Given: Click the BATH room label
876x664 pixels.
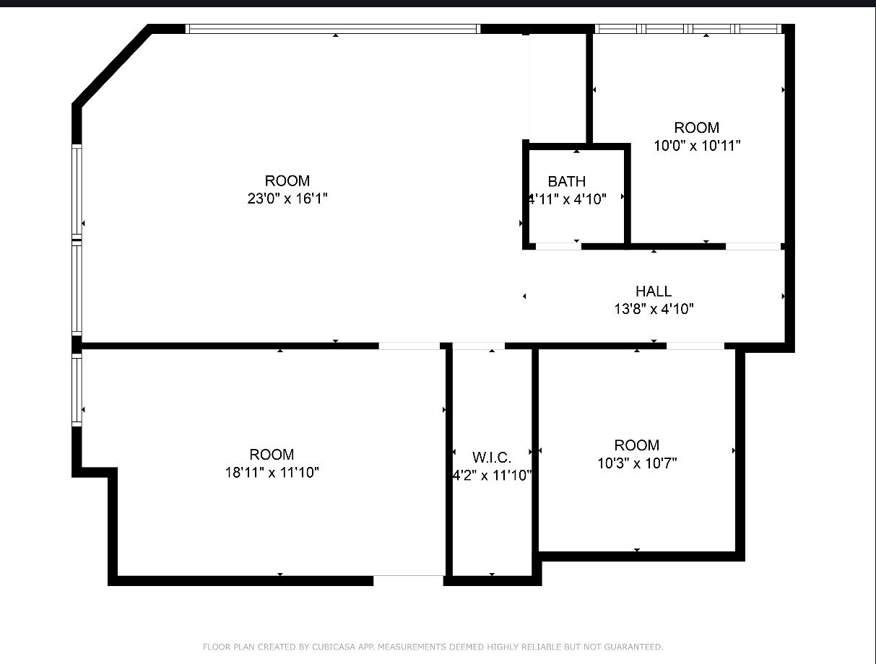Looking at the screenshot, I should (566, 181).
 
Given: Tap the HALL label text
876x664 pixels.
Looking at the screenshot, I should (654, 292).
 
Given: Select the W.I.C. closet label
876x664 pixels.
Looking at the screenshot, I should (492, 458).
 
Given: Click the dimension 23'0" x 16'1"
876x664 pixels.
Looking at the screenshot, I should (287, 198).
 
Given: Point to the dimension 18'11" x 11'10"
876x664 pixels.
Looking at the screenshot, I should (272, 473).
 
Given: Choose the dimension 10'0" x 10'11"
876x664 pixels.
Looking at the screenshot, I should (697, 146).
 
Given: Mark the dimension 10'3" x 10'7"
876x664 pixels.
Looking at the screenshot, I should (636, 463).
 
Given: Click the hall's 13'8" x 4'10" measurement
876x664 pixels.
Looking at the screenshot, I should (654, 310).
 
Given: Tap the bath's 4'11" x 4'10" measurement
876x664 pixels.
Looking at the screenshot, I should (567, 199).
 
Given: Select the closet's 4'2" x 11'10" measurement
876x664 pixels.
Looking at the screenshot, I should (492, 476).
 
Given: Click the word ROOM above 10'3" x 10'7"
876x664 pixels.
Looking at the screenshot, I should (636, 445).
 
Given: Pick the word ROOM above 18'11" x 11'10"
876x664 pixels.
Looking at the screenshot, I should (272, 455).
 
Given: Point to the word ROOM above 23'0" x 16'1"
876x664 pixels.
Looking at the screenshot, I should (287, 180).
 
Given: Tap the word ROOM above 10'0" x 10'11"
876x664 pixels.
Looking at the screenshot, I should (697, 128).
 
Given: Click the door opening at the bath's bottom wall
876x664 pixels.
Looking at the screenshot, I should (558, 246).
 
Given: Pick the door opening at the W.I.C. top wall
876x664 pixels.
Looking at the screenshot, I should (478, 346).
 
